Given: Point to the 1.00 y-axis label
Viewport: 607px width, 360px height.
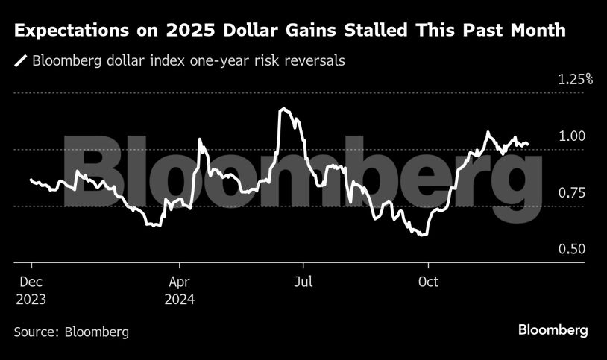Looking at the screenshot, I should point(573,136).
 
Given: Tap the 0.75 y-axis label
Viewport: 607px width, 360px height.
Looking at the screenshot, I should point(573,193).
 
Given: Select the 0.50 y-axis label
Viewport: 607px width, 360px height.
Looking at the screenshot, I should point(573,250).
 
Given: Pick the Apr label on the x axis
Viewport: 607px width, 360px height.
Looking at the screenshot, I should point(180,283).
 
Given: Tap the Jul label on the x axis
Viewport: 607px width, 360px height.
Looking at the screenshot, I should point(303,283).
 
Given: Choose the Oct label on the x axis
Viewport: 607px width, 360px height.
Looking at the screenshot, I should point(428,283).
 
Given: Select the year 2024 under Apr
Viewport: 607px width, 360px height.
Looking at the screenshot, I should point(180,300).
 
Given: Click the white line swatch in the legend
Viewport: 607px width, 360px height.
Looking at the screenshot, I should point(21,61).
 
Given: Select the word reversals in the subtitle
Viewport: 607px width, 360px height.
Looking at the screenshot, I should point(313,61).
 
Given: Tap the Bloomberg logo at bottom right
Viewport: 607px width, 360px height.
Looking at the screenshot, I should point(553,329).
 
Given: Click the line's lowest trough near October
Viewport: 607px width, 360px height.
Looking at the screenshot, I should point(423,235).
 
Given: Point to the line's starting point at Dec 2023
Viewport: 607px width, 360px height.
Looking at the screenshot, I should point(31,180).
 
